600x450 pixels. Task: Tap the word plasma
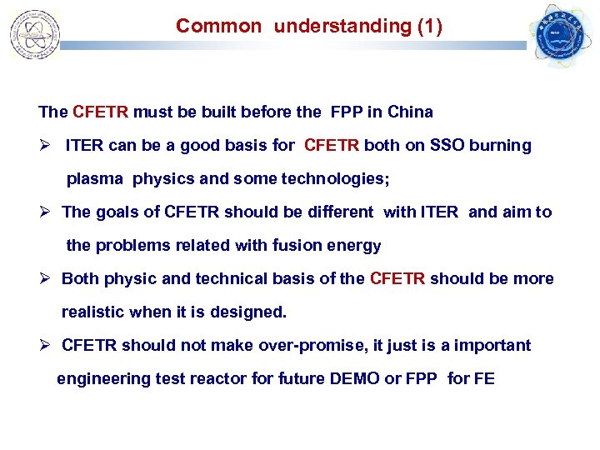pos(96,179)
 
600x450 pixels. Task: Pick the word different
pos(334,212)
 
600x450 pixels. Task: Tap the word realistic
pos(93,312)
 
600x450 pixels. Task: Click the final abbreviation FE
pos(484,379)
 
